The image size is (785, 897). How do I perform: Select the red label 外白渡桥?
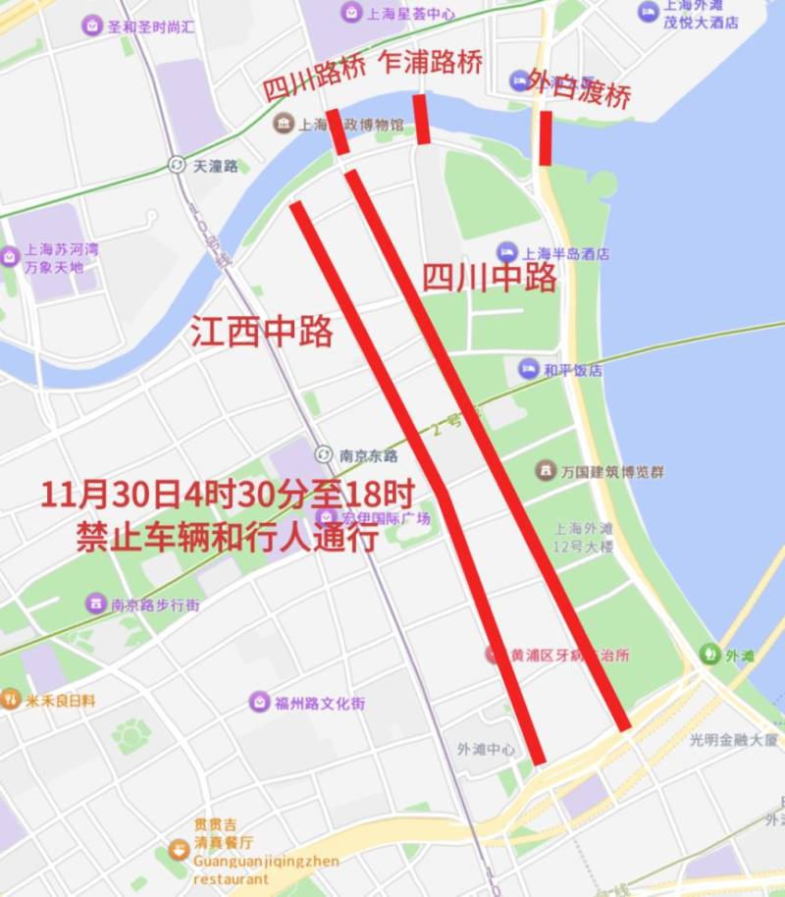pos(578,89)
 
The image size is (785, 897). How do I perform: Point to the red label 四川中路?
pos(490,279)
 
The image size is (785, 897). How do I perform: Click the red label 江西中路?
pos(262,332)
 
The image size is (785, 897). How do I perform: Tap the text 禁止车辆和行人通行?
pos(228,537)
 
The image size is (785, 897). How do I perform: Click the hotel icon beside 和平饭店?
pos(528,369)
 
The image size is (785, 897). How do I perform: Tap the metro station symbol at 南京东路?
pos(325,454)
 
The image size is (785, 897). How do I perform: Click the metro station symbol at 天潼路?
pos(177,165)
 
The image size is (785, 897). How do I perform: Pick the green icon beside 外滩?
pos(707,654)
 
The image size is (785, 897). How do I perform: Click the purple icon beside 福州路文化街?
pos(258,703)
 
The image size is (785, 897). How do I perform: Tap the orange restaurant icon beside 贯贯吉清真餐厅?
pos(179,849)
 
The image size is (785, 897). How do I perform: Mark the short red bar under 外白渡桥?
pos(546,137)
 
